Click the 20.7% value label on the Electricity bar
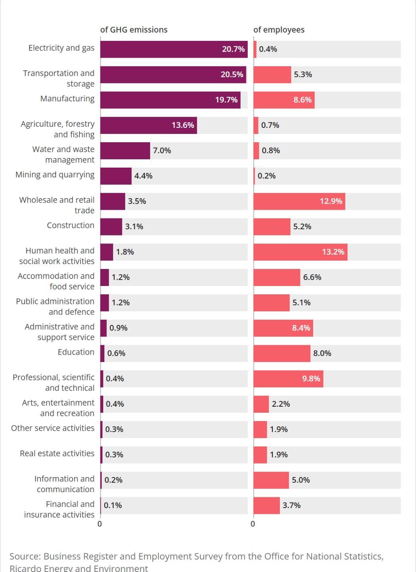click(233, 49)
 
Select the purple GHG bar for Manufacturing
click(170, 100)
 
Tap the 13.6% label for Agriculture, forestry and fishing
click(183, 125)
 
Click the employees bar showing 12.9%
click(299, 201)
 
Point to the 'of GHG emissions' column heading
click(134, 30)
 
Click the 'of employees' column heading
click(279, 30)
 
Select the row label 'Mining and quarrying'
click(55, 175)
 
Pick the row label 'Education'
click(76, 352)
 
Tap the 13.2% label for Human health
click(333, 252)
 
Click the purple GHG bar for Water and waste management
click(125, 151)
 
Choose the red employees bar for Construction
click(272, 226)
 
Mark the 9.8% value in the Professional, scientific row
click(311, 379)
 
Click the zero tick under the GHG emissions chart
click(100, 524)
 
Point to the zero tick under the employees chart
click(253, 524)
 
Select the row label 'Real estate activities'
click(57, 453)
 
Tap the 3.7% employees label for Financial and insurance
click(291, 505)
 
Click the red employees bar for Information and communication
click(271, 480)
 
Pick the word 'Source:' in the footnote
click(25, 556)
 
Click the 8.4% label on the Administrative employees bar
click(301, 328)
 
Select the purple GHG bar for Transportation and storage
click(173, 75)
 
